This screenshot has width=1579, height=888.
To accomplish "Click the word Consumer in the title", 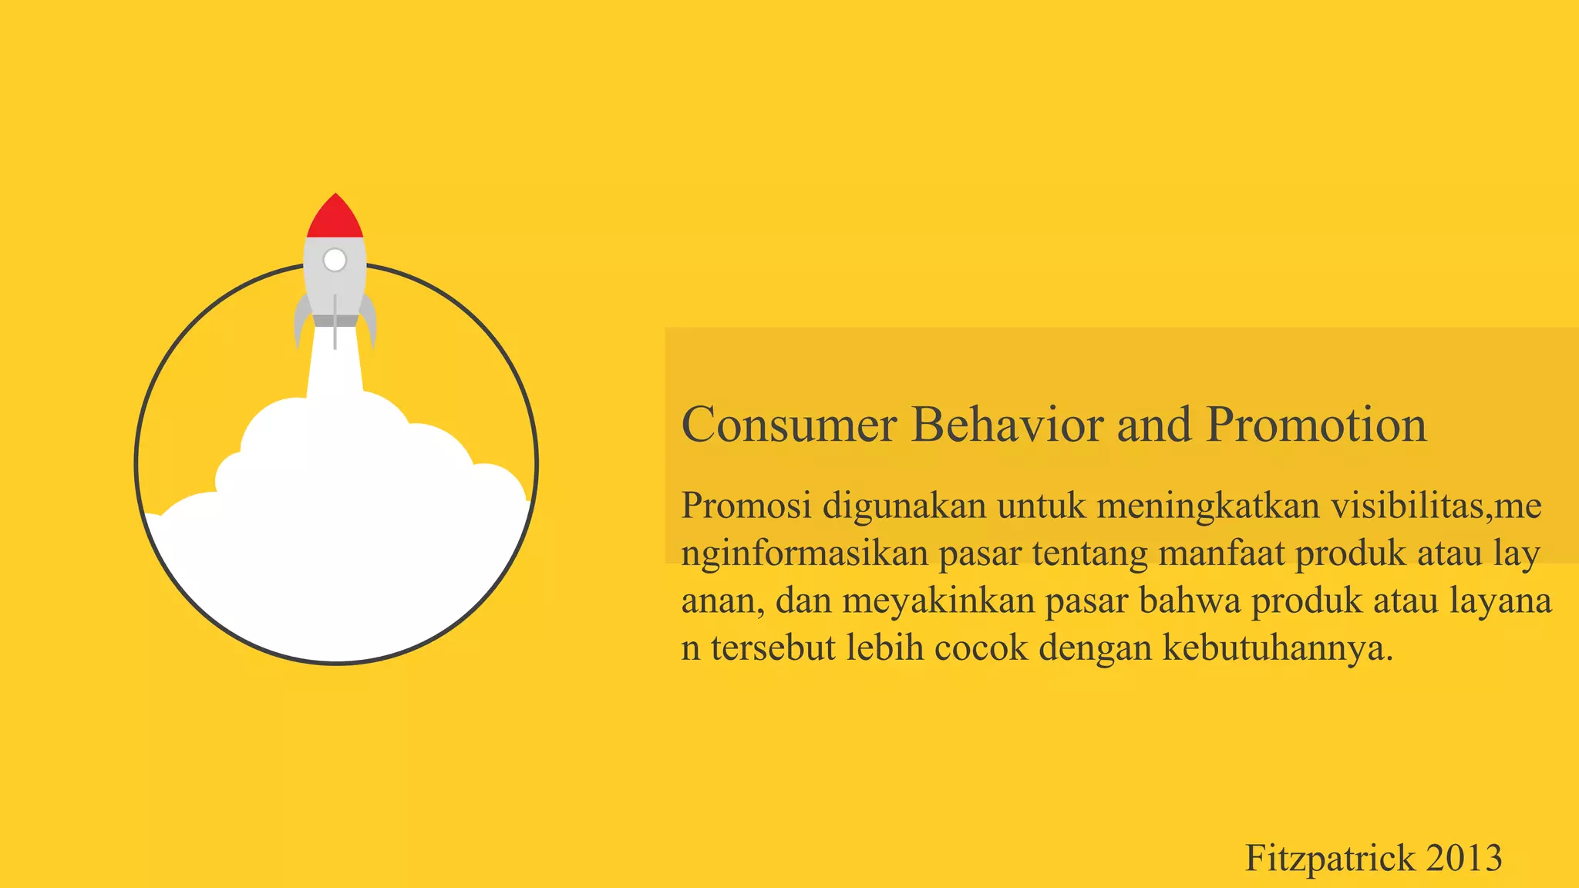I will click(789, 425).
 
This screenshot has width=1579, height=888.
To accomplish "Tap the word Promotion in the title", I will click(1316, 425).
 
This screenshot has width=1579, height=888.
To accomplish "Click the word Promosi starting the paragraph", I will click(746, 506).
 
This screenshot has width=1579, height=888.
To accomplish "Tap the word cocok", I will click(981, 647).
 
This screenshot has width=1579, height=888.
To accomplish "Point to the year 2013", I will click(1464, 858).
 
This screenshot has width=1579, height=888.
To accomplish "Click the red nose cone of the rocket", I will click(335, 218).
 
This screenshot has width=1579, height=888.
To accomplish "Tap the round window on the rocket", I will click(335, 261).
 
